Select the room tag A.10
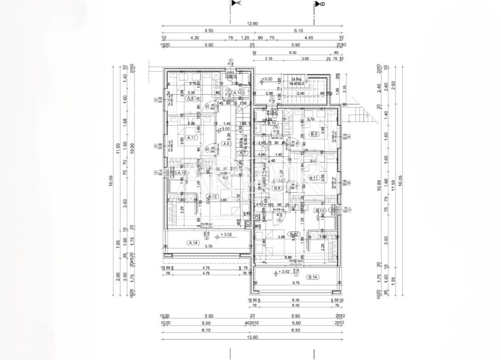point(238,93)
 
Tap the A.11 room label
point(192,138)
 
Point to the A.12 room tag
point(212,196)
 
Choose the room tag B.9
point(315,134)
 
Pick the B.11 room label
point(315,178)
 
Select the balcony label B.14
point(313,277)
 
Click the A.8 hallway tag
point(226,144)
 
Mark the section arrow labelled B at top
point(319,4)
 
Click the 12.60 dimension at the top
point(252,24)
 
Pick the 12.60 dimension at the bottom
point(252,337)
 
